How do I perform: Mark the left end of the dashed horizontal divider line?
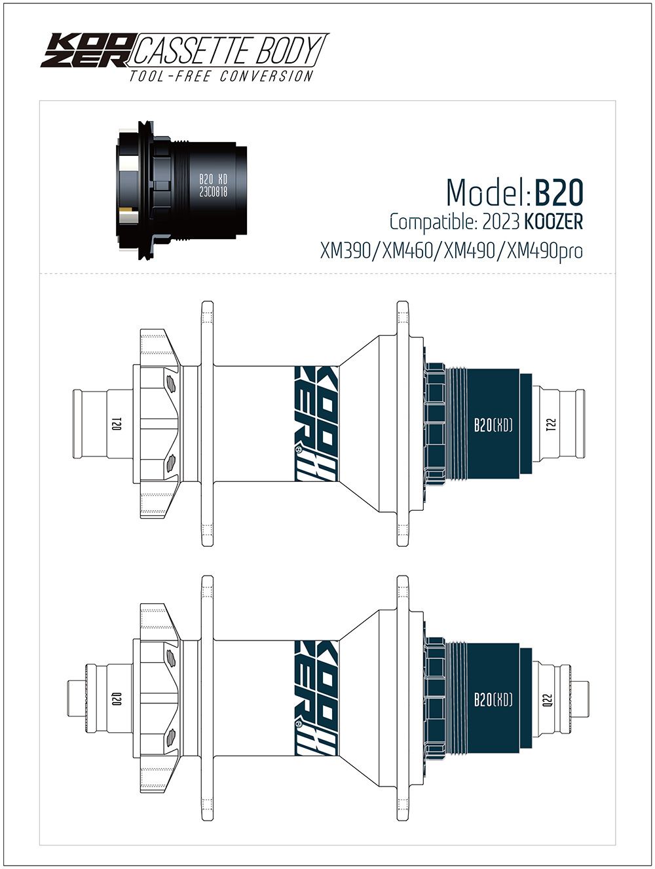[x=39, y=274]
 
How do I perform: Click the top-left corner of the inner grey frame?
[x=39, y=101]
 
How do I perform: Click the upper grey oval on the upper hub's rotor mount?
[x=171, y=383]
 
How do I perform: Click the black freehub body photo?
[x=182, y=190]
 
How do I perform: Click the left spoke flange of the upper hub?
[x=208, y=424]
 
